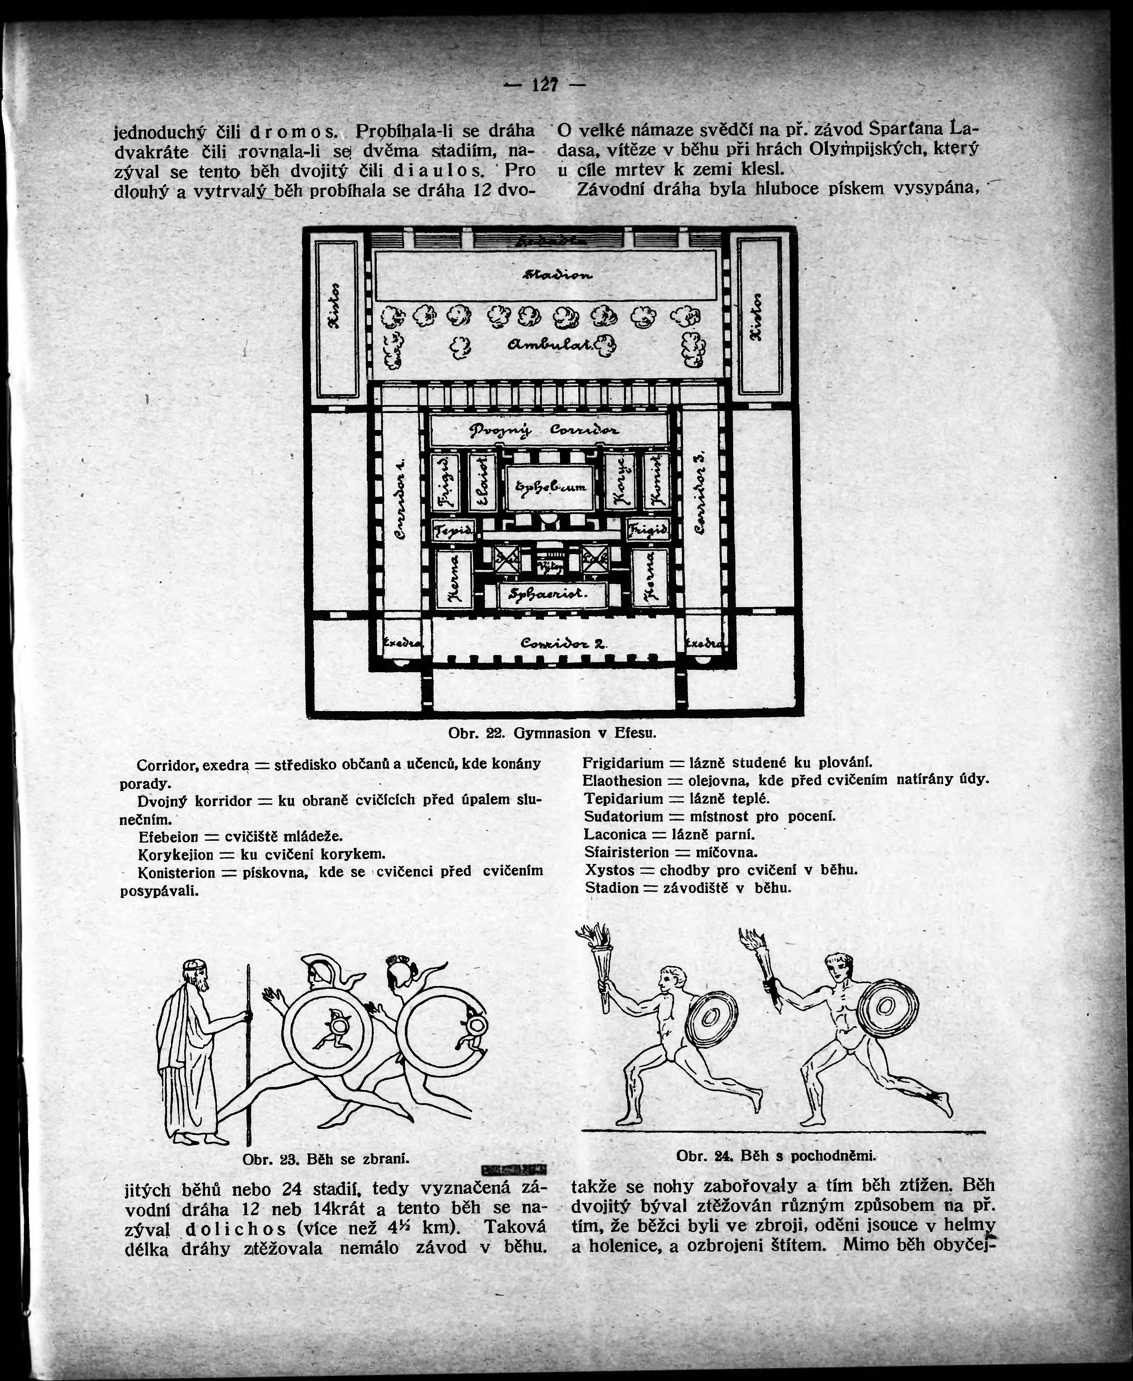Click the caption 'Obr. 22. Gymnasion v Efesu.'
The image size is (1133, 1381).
click(551, 733)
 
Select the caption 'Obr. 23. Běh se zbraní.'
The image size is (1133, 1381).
click(325, 1159)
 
